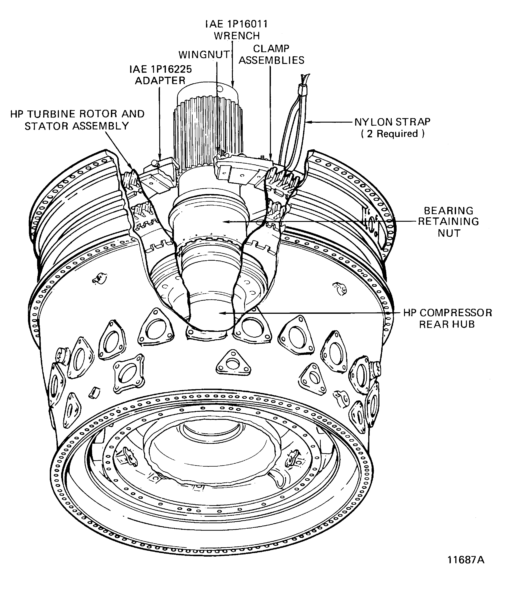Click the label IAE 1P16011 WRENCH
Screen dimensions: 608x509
[x=236, y=30]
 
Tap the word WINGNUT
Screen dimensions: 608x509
[x=204, y=55]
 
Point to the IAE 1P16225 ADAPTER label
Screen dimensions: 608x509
[x=160, y=75]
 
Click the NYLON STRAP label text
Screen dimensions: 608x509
[x=392, y=122]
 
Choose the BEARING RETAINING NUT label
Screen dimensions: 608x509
[x=448, y=222]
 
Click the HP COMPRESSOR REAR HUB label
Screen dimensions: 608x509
[x=448, y=318]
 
